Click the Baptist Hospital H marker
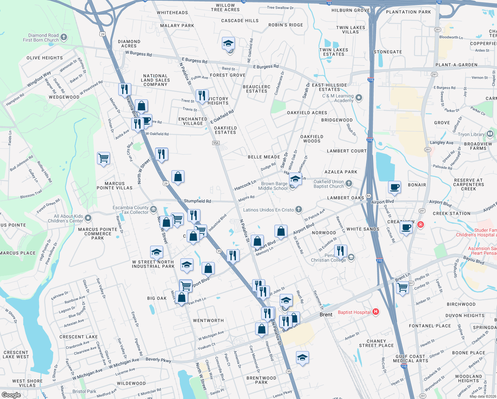click(x=376, y=312)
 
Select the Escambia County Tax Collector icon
click(x=153, y=209)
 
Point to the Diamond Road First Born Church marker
click(x=64, y=37)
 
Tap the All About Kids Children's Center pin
click(x=88, y=218)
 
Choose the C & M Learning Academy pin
click(x=359, y=98)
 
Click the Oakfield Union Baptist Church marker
click(x=348, y=183)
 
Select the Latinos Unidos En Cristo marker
click(x=299, y=209)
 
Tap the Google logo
click(x=11, y=395)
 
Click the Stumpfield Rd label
click(x=197, y=201)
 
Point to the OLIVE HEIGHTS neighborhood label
click(x=45, y=58)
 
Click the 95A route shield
click(x=216, y=143)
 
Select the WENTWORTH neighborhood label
click(x=208, y=321)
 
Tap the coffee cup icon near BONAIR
click(x=395, y=187)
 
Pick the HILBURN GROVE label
click(x=350, y=10)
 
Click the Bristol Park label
click(x=84, y=391)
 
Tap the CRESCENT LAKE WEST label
click(x=16, y=354)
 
